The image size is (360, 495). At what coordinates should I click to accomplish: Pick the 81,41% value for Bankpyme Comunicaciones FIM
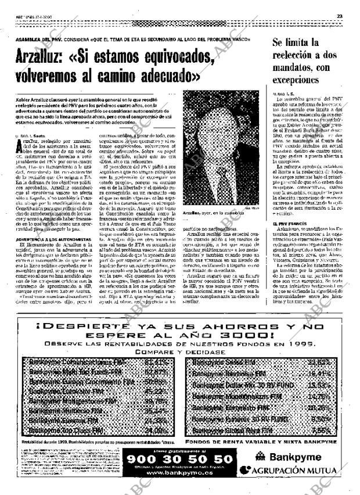(156, 362)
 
